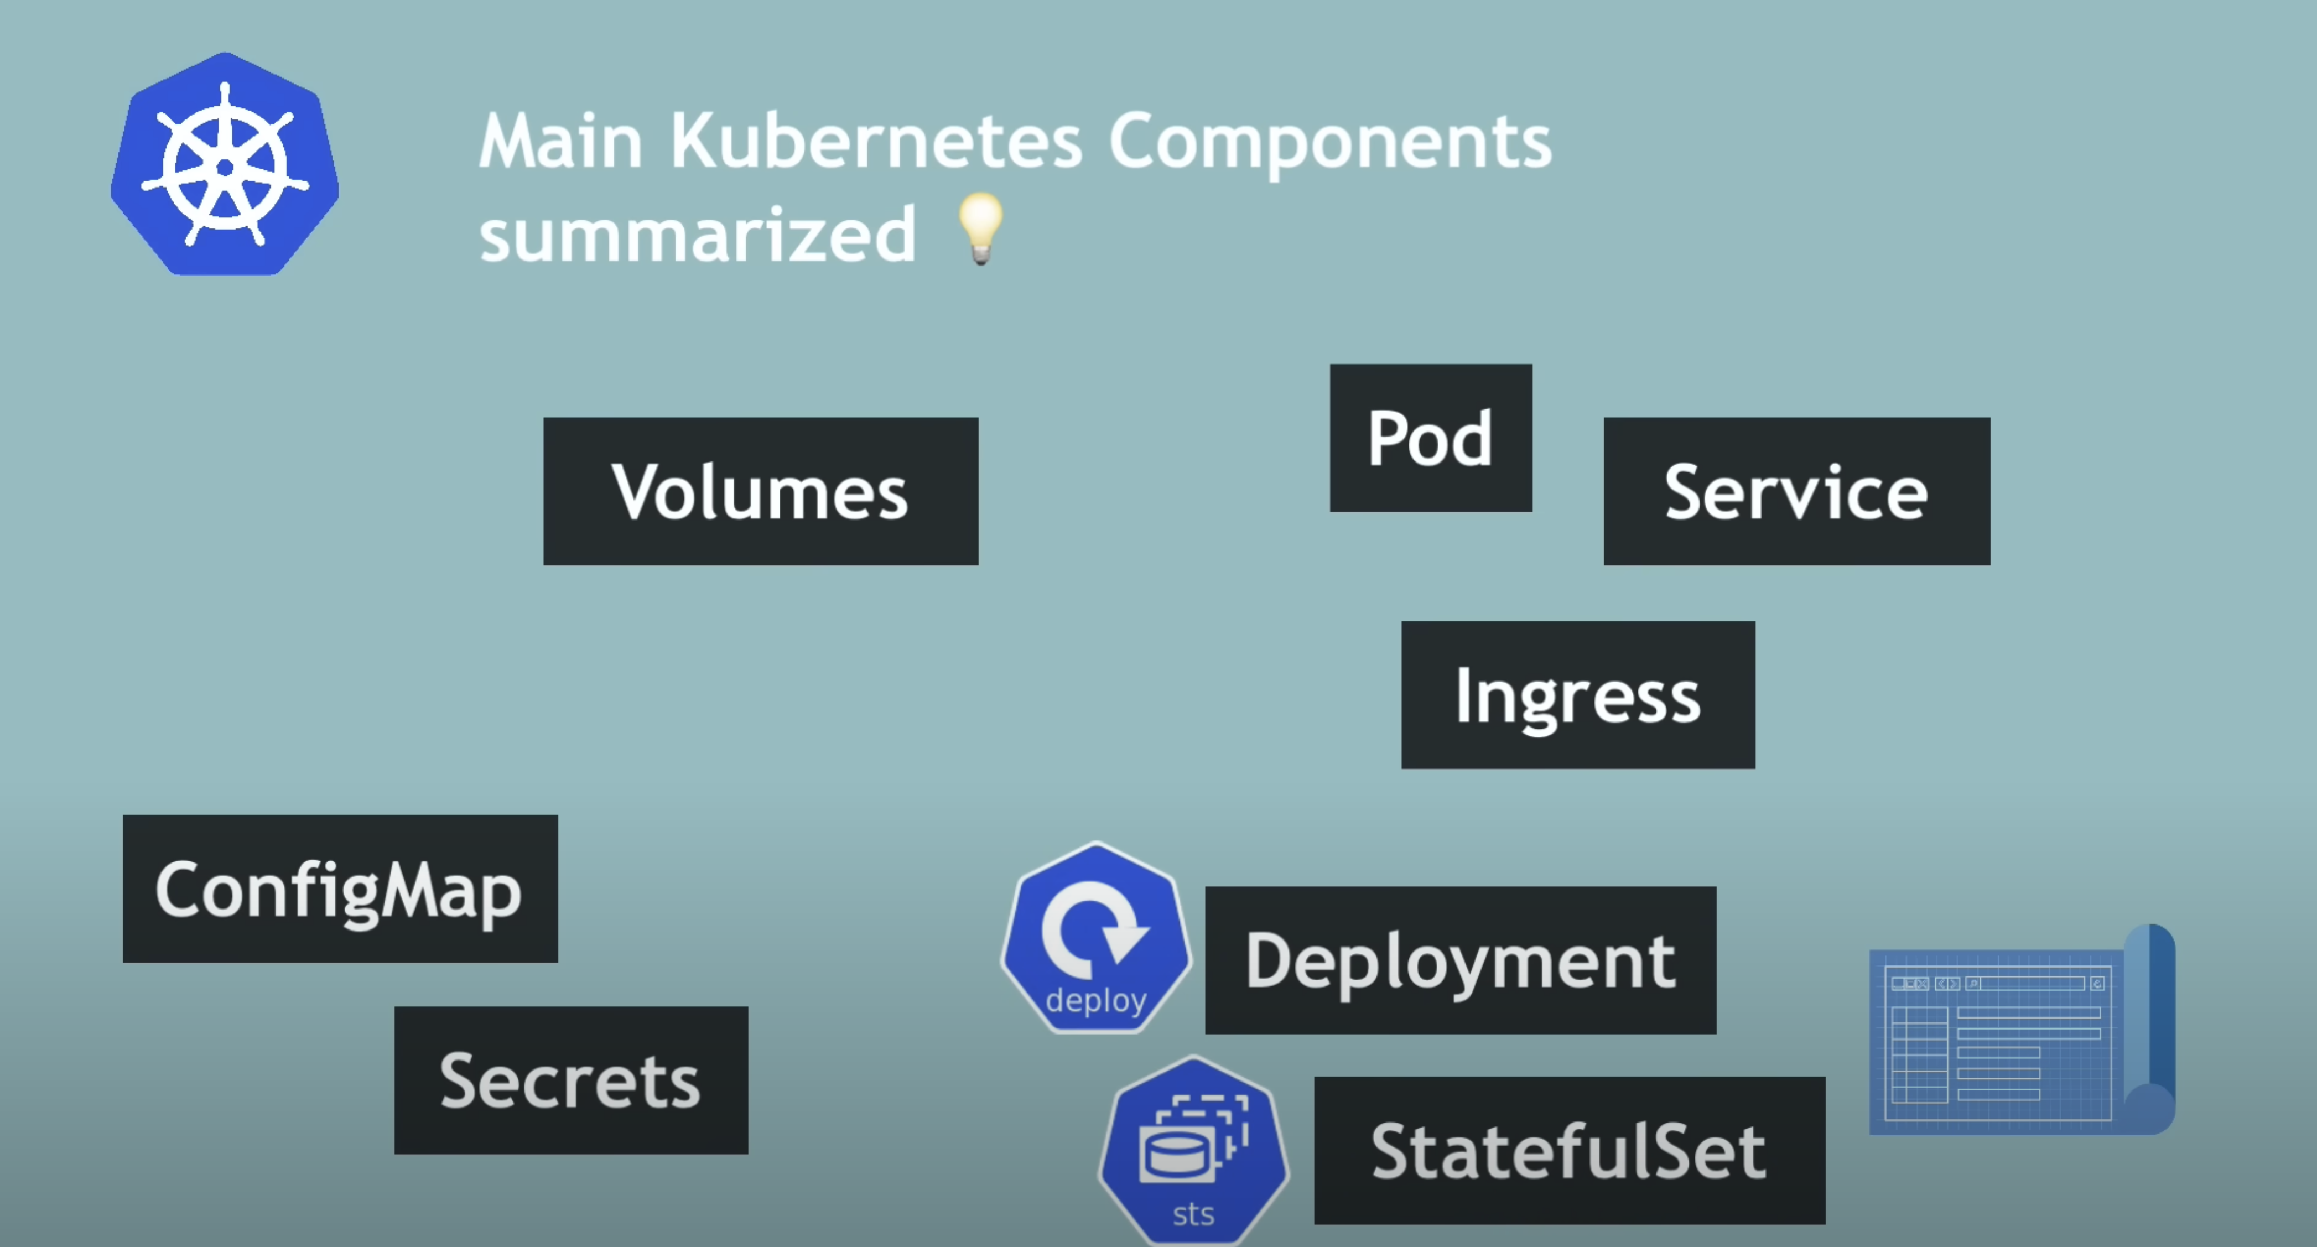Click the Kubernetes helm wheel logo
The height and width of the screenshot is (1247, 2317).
pyautogui.click(x=225, y=165)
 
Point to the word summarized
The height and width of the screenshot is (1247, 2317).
pyautogui.click(x=697, y=234)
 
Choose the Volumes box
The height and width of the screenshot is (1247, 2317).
pyautogui.click(x=760, y=491)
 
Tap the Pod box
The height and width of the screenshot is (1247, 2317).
pyautogui.click(x=1430, y=438)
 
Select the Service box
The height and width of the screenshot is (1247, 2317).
pyautogui.click(x=1796, y=491)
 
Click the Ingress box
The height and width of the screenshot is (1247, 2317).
pyautogui.click(x=1578, y=694)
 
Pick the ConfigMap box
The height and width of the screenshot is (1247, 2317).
pyautogui.click(x=340, y=889)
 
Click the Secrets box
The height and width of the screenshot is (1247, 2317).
pyautogui.click(x=570, y=1080)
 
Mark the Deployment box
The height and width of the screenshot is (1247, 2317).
pyautogui.click(x=1460, y=960)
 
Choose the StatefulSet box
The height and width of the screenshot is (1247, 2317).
pyautogui.click(x=1568, y=1151)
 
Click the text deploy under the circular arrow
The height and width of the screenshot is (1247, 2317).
pyautogui.click(x=1095, y=1000)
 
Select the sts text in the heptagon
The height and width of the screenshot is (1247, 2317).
pyautogui.click(x=1193, y=1214)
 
